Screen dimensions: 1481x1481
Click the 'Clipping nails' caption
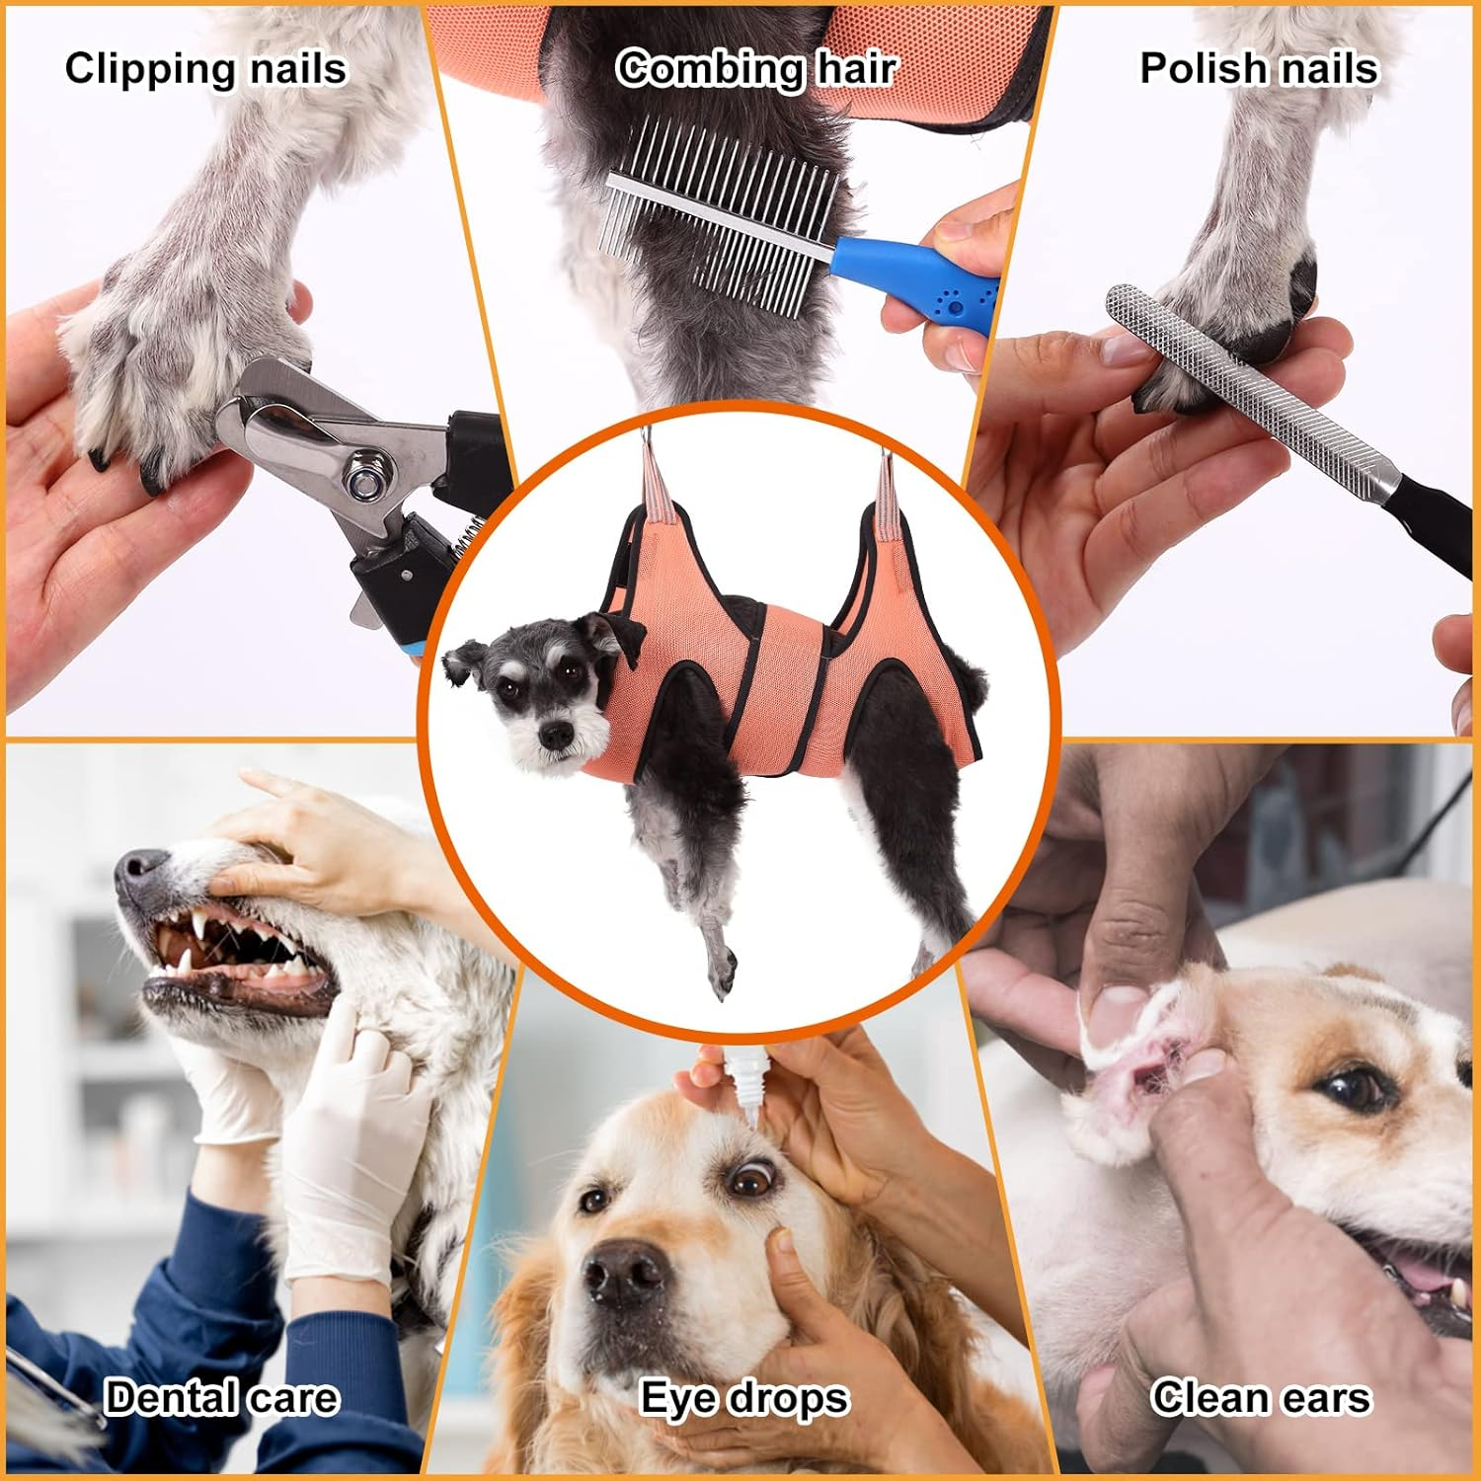point(205,69)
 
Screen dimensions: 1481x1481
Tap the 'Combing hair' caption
point(755,69)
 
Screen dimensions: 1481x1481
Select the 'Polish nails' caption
point(1258,69)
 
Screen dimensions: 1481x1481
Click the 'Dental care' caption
point(221,1398)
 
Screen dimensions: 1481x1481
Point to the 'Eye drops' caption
point(743,1399)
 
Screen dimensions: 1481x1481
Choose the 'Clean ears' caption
point(1260,1398)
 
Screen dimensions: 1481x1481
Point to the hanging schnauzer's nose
point(556,734)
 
